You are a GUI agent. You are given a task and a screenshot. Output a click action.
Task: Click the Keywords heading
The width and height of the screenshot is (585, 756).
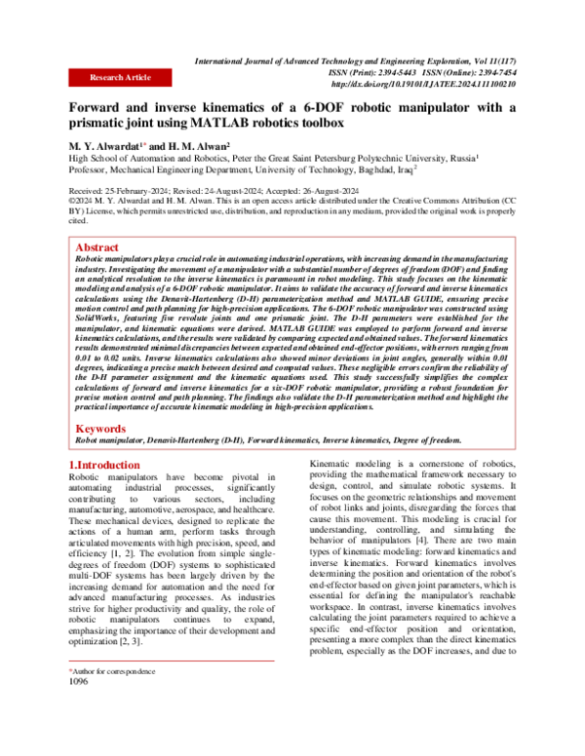tap(102, 428)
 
